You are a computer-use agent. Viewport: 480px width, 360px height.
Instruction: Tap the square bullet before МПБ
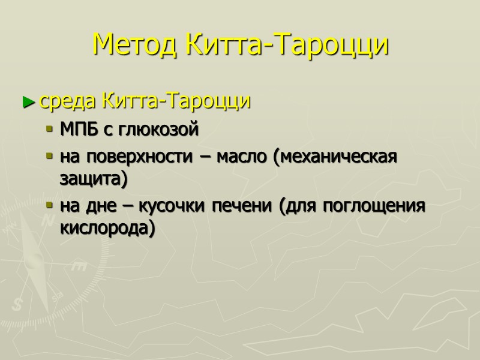[x=50, y=130]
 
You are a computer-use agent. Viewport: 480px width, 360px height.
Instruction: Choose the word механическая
[x=335, y=157]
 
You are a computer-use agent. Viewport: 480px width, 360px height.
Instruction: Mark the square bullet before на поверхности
[x=50, y=157]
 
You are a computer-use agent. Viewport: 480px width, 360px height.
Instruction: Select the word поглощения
[x=374, y=206]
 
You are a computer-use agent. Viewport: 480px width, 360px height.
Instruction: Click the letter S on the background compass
[x=18, y=304]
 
